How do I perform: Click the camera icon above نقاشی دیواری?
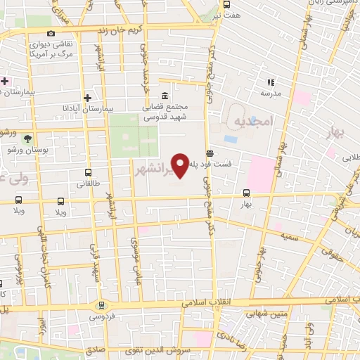point(51,33)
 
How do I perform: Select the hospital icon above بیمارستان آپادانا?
point(87,98)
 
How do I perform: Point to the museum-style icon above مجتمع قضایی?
point(165,96)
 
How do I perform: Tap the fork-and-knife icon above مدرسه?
point(271,82)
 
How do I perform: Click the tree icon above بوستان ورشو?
point(27,139)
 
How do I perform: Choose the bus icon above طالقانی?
point(88,172)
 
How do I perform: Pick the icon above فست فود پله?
point(210,153)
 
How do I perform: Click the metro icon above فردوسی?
point(103,306)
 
